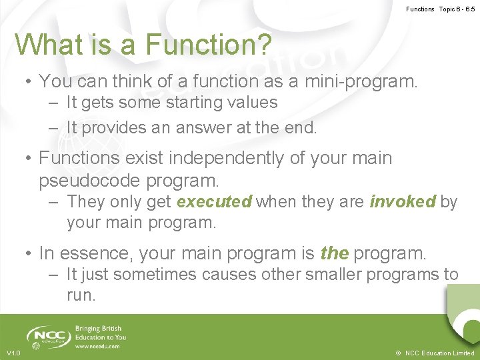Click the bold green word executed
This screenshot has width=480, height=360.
click(214, 202)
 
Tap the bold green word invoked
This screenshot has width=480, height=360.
click(403, 202)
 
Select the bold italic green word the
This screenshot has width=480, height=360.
click(334, 253)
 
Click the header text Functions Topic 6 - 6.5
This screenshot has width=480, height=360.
click(440, 9)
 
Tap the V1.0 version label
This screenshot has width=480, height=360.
click(13, 353)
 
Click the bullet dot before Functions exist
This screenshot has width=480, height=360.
click(29, 159)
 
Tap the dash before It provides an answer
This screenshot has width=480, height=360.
click(53, 127)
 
